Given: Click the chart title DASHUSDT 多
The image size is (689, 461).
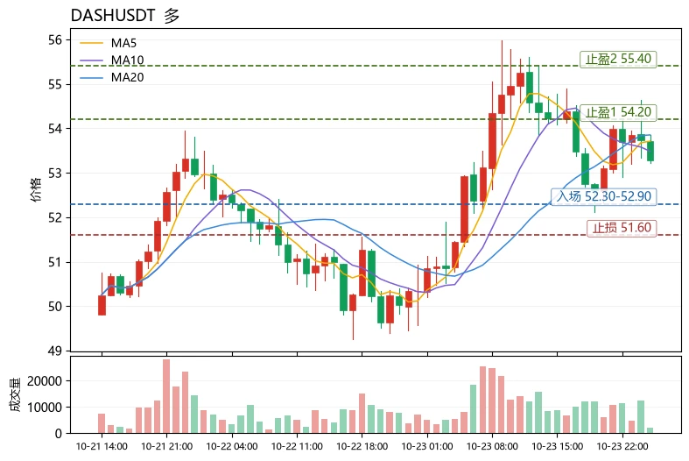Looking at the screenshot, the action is pyautogui.click(x=125, y=16).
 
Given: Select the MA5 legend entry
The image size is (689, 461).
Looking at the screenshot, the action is pyautogui.click(x=108, y=43).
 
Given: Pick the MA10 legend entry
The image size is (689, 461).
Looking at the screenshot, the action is pyautogui.click(x=111, y=60).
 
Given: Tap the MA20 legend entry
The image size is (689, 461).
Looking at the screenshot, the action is pyautogui.click(x=111, y=77).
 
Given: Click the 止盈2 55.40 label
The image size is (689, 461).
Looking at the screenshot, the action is pyautogui.click(x=618, y=59).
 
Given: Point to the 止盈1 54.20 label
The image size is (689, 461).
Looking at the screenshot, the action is pyautogui.click(x=618, y=112).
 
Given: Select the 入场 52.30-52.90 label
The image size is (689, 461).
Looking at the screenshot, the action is pyautogui.click(x=604, y=196).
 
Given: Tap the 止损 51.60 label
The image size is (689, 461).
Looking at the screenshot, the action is pyautogui.click(x=622, y=227).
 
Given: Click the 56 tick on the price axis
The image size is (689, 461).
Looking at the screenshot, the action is pyautogui.click(x=55, y=40).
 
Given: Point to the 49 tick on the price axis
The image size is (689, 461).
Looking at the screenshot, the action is pyautogui.click(x=55, y=351).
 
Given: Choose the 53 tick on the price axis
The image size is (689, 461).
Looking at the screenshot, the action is pyautogui.click(x=55, y=174).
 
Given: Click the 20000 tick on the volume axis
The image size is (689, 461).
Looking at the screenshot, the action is pyautogui.click(x=45, y=381).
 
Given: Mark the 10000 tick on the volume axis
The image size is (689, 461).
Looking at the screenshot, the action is pyautogui.click(x=45, y=408).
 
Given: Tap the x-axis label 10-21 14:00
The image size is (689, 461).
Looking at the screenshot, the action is pyautogui.click(x=102, y=446).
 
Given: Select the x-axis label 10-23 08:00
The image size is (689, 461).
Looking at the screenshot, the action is pyautogui.click(x=492, y=446).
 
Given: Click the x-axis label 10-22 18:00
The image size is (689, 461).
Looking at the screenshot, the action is pyautogui.click(x=362, y=446).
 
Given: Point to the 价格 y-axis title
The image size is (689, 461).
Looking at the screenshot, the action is pyautogui.click(x=36, y=189).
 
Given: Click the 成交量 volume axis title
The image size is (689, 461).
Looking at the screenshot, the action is pyautogui.click(x=15, y=394).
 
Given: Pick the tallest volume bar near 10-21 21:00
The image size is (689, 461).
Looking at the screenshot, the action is pyautogui.click(x=166, y=396).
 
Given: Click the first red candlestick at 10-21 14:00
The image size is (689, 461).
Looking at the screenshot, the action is pyautogui.click(x=102, y=305).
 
